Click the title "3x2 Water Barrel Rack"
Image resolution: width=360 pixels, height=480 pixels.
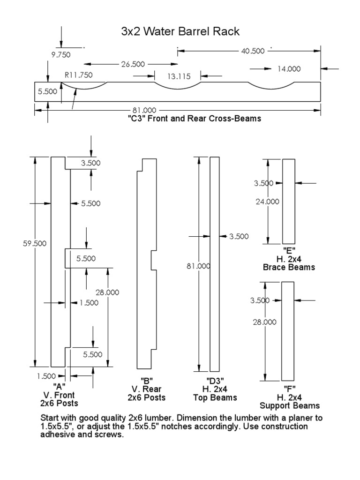(x=180, y=32)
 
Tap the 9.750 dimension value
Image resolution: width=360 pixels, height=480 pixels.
(x=60, y=54)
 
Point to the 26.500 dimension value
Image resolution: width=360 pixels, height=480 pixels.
(x=132, y=64)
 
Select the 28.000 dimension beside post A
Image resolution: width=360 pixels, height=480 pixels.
(x=107, y=292)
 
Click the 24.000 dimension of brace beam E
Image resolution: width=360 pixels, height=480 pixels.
(x=267, y=202)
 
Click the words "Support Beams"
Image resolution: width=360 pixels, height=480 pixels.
(x=290, y=405)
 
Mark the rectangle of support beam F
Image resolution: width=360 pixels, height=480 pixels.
(x=287, y=331)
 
